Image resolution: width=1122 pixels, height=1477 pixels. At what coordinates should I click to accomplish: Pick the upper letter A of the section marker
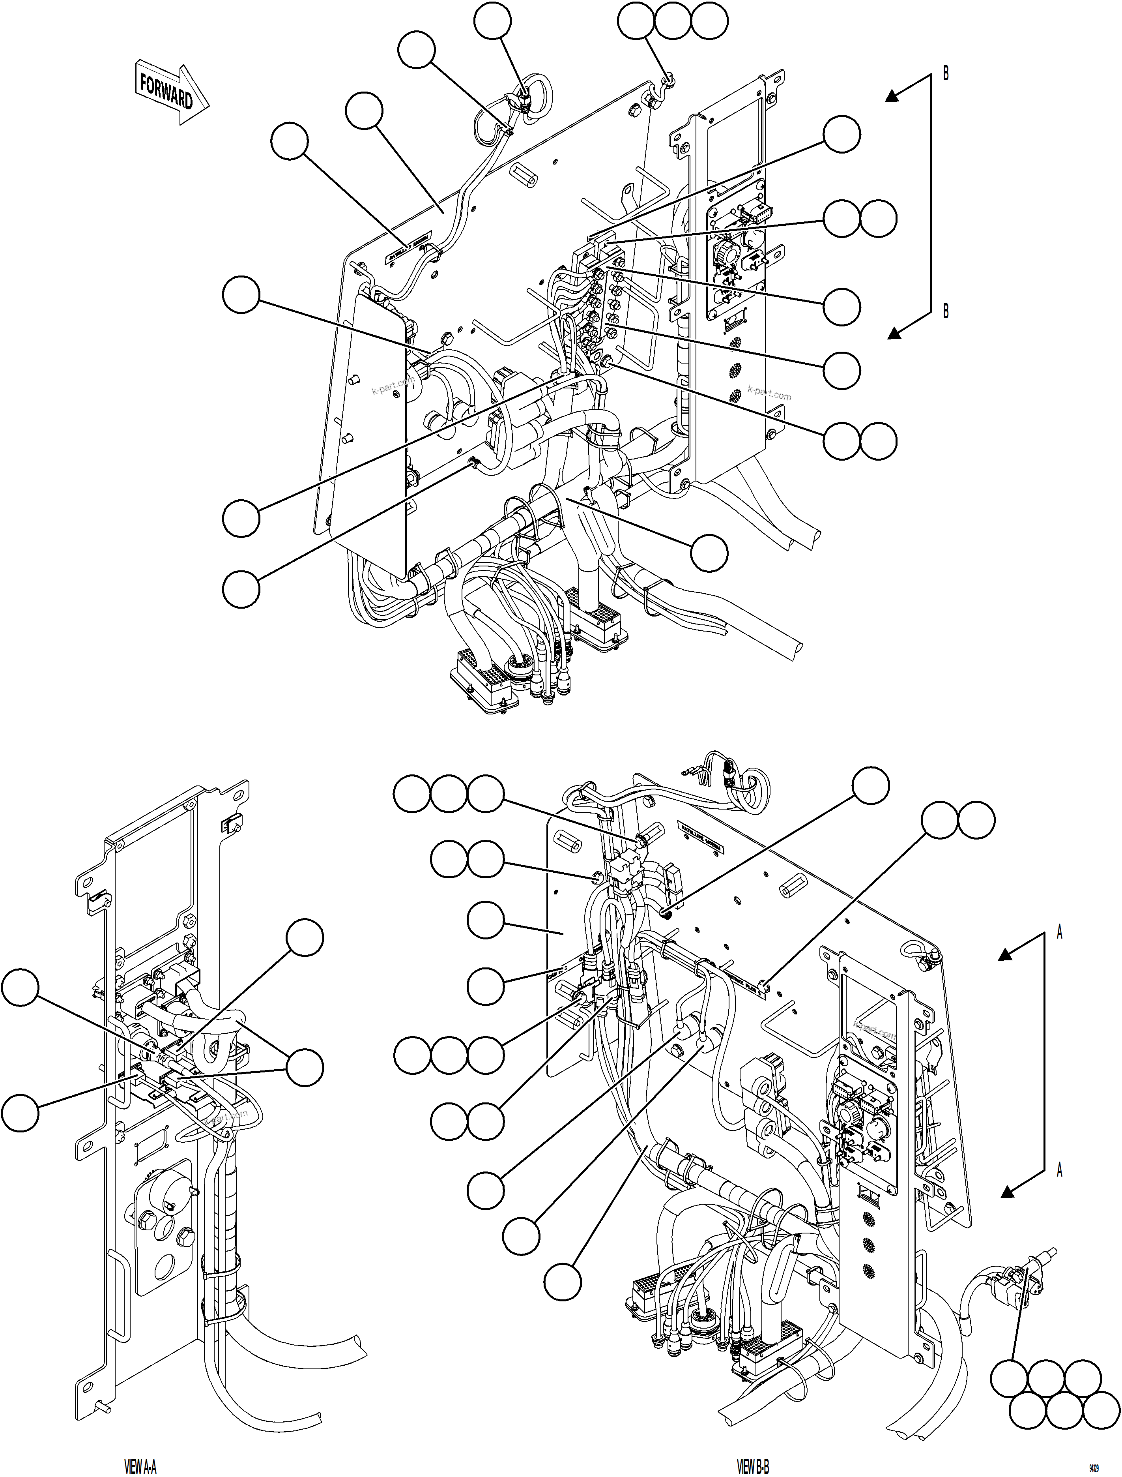(x=1059, y=933)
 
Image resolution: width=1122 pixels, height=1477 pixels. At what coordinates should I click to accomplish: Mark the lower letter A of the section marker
(x=1059, y=1170)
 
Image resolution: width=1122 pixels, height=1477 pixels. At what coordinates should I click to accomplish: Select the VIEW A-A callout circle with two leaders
(x=305, y=1067)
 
